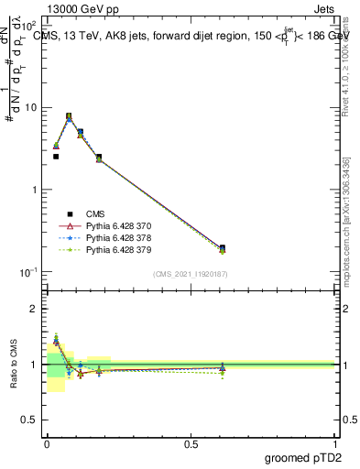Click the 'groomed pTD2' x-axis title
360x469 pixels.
pos(303,458)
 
